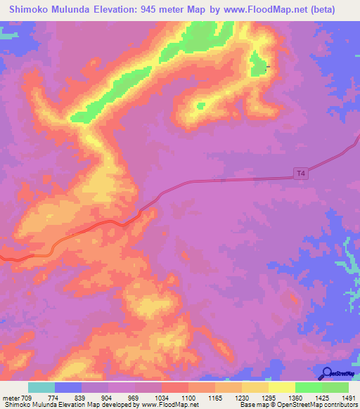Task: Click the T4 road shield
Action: click(x=300, y=173)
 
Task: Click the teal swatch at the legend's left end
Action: click(x=41, y=387)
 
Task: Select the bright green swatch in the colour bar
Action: click(x=308, y=387)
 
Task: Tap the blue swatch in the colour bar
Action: click(x=68, y=387)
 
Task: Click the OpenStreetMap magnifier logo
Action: click(x=326, y=374)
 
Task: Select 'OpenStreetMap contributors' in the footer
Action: click(x=315, y=405)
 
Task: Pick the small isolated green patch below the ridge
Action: click(x=200, y=106)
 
